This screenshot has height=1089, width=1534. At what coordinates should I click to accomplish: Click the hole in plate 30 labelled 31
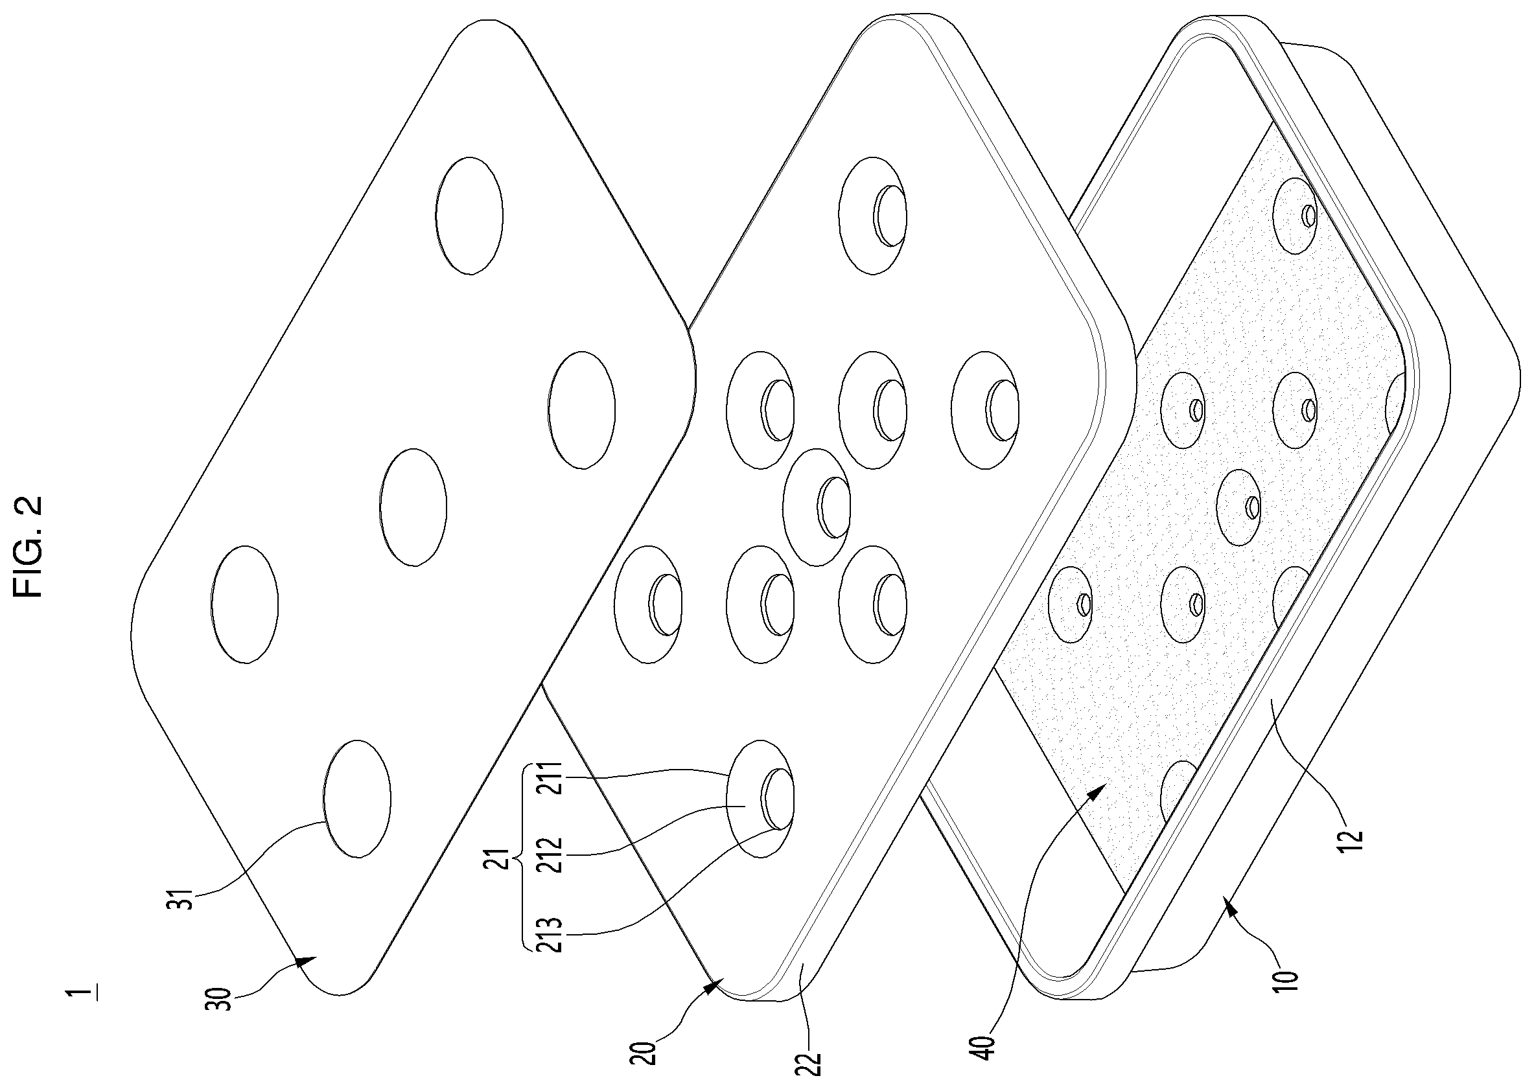point(357,799)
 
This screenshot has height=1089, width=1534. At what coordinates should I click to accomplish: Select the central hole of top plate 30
point(413,508)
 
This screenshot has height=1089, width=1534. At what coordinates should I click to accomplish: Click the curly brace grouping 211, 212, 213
point(523,858)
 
